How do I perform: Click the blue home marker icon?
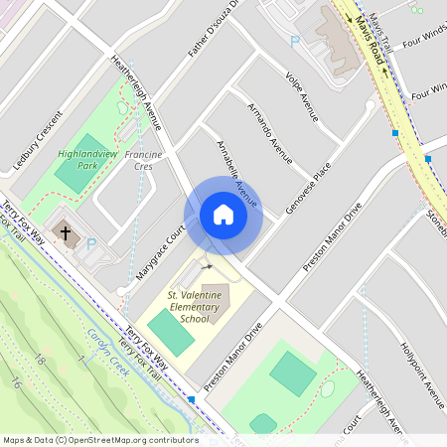[223, 215]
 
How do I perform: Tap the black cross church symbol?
[67, 234]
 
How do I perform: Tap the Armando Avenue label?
[269, 130]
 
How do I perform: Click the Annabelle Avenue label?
[237, 174]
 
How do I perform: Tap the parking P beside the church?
[91, 243]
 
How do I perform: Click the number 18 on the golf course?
[40, 359]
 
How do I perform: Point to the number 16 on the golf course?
[16, 382]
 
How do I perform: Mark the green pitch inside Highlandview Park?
[72, 176]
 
